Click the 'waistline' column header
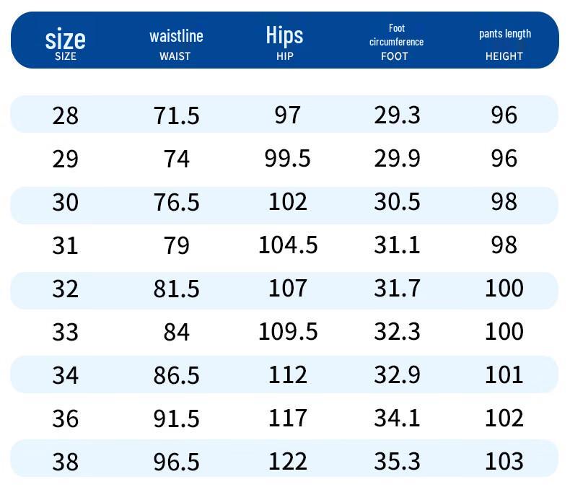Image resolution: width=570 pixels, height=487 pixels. [176, 36]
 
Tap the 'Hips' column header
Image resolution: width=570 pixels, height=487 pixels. [284, 35]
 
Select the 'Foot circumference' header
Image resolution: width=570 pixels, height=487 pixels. [396, 35]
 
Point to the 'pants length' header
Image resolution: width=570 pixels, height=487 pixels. [504, 34]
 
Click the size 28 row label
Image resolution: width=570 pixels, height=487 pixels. [65, 115]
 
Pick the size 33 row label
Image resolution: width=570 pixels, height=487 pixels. [65, 332]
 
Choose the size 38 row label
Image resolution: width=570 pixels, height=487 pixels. [65, 462]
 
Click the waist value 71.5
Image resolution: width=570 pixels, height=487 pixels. [176, 115]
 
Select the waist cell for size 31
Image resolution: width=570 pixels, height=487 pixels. [176, 245]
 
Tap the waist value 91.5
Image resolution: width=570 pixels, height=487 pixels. [176, 418]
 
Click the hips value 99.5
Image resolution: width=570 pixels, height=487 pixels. [287, 158]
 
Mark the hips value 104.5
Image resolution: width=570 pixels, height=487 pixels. [288, 245]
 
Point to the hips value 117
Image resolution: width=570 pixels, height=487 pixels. [287, 418]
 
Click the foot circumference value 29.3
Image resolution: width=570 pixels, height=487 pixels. [397, 115]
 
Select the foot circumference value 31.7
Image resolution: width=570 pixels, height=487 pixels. [397, 289]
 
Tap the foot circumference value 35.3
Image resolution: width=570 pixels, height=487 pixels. [397, 462]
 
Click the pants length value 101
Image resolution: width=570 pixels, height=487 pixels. [504, 375]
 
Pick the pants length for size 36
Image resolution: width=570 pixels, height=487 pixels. [504, 418]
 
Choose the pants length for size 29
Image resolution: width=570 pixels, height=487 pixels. [504, 158]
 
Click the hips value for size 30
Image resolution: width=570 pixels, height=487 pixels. [287, 201]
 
